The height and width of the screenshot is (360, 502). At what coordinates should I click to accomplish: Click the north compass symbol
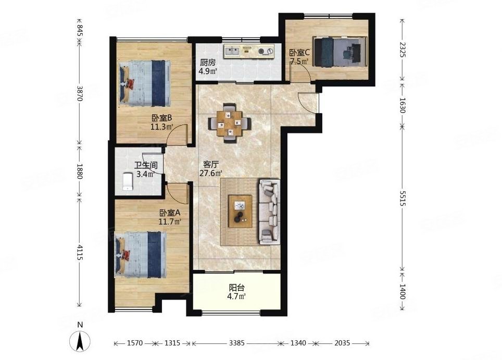[80, 341]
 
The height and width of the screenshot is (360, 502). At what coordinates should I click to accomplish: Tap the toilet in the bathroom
[128, 182]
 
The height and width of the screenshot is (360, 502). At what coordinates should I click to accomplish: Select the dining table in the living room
[229, 123]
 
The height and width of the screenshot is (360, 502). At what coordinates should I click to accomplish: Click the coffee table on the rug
[240, 211]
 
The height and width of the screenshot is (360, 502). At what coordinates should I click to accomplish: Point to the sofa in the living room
[270, 212]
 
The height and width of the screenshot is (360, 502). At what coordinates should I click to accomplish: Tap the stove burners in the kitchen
[266, 51]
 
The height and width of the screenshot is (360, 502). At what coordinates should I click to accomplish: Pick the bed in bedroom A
[141, 255]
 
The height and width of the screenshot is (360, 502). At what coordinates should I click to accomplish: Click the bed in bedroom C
[340, 52]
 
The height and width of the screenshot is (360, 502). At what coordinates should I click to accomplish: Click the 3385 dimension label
[236, 343]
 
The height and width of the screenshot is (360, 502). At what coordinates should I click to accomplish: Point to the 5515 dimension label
[402, 198]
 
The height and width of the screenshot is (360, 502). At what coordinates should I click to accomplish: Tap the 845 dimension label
[80, 31]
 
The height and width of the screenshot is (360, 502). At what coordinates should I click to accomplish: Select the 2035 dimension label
[342, 343]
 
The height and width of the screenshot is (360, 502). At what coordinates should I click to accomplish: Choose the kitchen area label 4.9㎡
[208, 71]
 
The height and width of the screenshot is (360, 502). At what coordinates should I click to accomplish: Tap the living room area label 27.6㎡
[211, 173]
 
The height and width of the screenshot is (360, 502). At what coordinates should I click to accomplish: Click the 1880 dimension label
[80, 171]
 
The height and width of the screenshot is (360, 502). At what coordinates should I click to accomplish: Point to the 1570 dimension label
[134, 343]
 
